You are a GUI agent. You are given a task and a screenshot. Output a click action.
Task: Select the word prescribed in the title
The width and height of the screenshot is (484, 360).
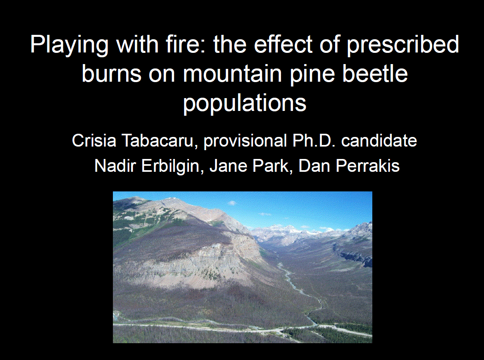(403, 45)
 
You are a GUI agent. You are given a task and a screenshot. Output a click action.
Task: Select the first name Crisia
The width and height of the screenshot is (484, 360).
(94, 141)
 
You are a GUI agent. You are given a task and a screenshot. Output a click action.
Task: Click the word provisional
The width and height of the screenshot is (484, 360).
(245, 141)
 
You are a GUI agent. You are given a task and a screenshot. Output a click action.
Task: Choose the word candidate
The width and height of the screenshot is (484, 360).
(379, 141)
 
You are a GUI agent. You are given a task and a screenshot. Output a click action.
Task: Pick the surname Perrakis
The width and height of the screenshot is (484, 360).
(368, 166)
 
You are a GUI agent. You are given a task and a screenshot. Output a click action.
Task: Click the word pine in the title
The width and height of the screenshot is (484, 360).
(312, 75)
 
